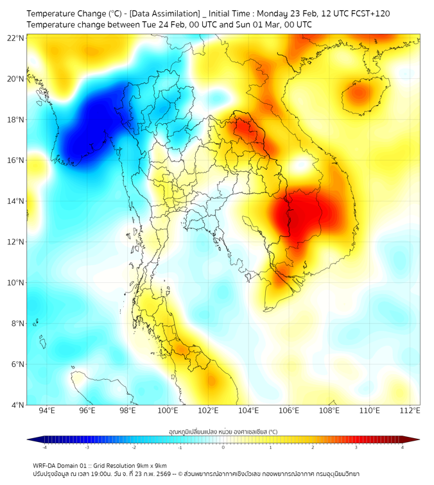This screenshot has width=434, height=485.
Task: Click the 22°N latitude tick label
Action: (x=16, y=38)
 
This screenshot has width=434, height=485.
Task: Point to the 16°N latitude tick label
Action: (x=16, y=160)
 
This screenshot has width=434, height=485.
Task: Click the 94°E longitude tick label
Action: (x=47, y=411)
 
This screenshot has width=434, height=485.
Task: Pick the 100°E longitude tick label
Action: (x=168, y=411)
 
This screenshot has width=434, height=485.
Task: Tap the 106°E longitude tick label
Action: (x=290, y=411)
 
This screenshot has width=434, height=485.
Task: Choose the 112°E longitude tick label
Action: (x=411, y=411)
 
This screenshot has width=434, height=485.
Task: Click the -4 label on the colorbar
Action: (x=44, y=448)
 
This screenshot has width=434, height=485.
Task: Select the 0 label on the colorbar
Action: (x=223, y=448)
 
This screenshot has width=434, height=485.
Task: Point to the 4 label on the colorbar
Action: (x=402, y=448)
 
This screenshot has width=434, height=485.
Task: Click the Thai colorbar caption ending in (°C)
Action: (x=223, y=431)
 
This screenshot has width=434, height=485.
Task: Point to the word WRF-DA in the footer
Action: (x=46, y=466)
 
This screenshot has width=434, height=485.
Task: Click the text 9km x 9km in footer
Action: (x=149, y=466)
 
